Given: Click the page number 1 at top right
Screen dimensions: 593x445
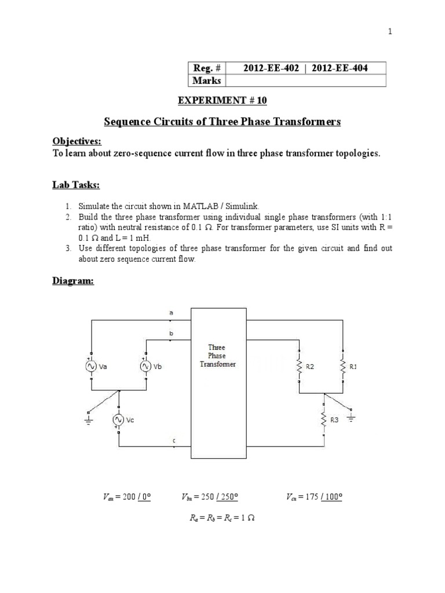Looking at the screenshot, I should pyautogui.click(x=391, y=32).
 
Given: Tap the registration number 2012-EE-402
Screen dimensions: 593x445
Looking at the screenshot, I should pyautogui.click(x=271, y=68).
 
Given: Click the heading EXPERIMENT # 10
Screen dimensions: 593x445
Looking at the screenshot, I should pyautogui.click(x=222, y=100).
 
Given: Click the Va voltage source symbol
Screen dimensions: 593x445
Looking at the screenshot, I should pyautogui.click(x=92, y=366).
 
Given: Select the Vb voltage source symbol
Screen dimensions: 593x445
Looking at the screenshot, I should pyautogui.click(x=145, y=366).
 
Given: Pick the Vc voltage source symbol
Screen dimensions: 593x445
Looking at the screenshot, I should pyautogui.click(x=119, y=419).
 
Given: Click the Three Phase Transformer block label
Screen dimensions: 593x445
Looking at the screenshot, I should pyautogui.click(x=217, y=356).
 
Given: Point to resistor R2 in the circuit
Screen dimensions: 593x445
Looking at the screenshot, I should pyautogui.click(x=299, y=367).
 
